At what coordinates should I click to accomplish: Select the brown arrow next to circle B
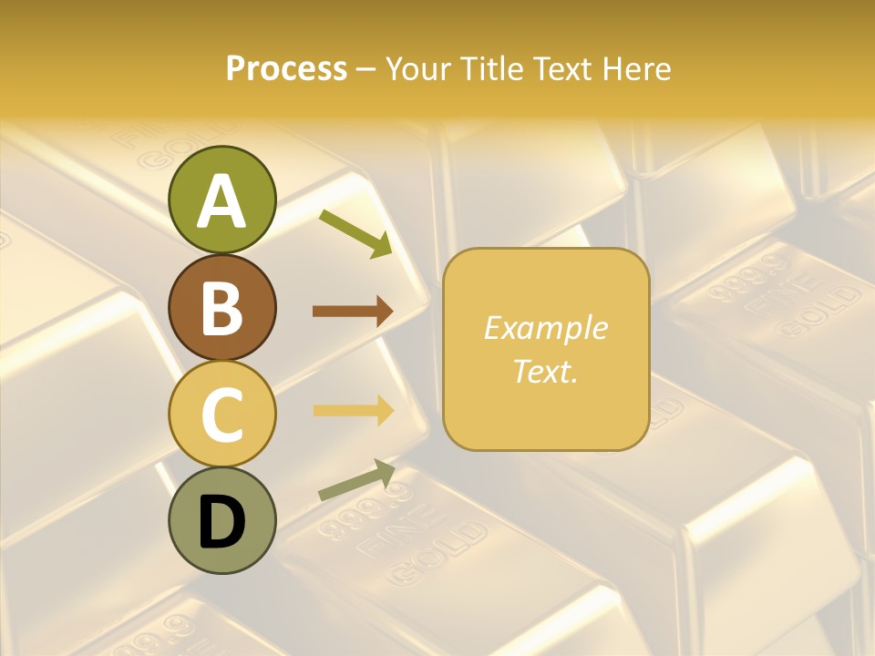(353, 312)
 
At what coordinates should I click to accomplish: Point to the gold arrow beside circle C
(353, 410)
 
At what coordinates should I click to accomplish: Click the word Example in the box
(545, 328)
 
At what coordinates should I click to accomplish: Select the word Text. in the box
(545, 372)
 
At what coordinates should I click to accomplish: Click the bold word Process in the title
(286, 68)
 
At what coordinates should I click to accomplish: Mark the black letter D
(222, 522)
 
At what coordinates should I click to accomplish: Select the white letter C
(222, 415)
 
